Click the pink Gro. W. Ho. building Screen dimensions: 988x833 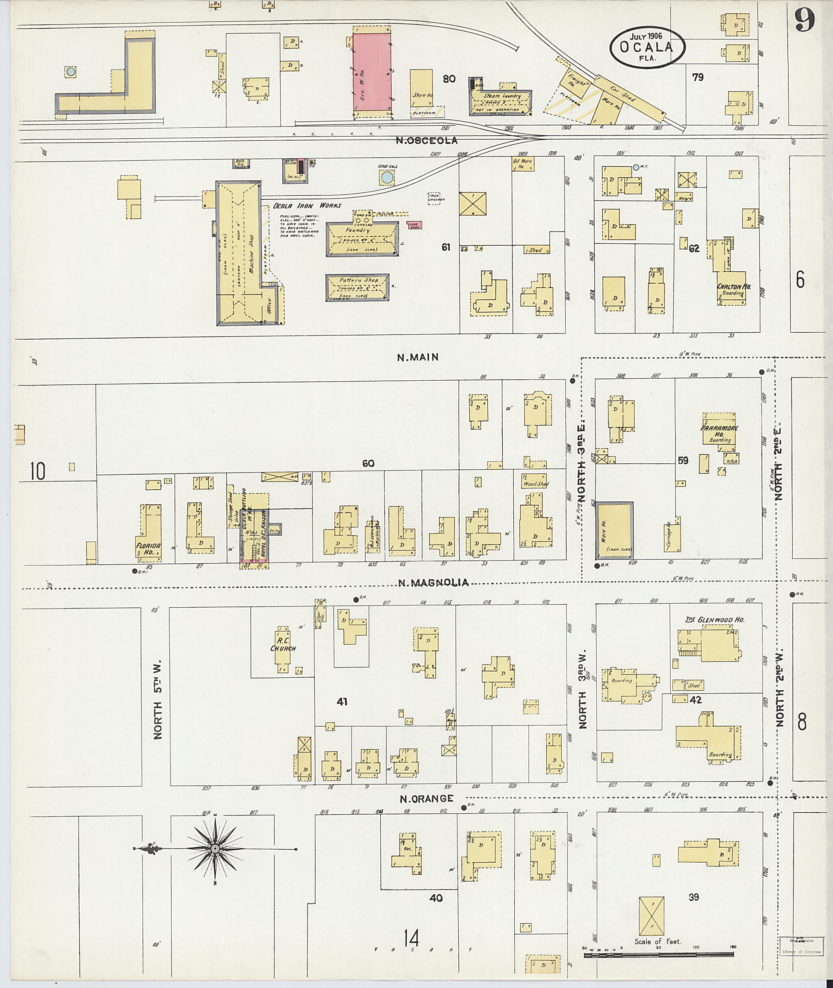point(372,72)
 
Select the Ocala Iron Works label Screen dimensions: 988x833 point(307,206)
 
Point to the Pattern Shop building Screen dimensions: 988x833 point(358,287)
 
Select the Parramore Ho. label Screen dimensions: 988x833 point(719,431)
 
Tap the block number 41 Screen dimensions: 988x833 point(342,702)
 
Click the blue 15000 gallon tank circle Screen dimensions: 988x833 point(387,178)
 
